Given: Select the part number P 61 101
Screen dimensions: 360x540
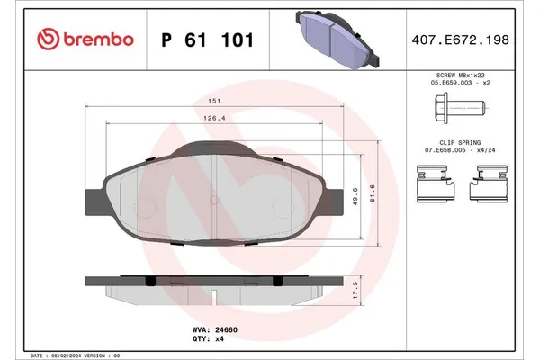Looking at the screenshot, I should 206,40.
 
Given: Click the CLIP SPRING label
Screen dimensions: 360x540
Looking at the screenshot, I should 460,144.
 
